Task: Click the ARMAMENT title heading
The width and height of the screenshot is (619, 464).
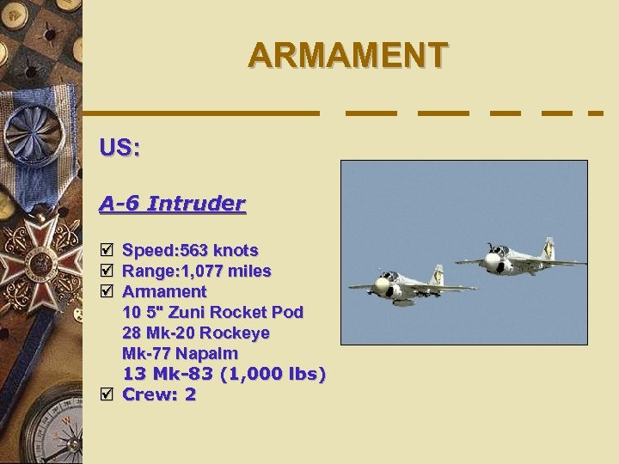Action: tap(347, 55)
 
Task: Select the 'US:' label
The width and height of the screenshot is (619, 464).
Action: tap(120, 148)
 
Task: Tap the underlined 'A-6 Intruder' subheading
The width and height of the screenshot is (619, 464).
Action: tap(172, 204)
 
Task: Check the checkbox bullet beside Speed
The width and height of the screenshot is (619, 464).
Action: tap(106, 250)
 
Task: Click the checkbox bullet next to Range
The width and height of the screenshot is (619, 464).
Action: tap(106, 272)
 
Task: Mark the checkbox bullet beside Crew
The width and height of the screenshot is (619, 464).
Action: tap(106, 394)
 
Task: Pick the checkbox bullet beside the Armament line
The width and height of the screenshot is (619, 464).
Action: tap(106, 292)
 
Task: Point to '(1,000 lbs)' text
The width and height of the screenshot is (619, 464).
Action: tap(273, 374)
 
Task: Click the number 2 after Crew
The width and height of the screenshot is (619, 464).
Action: tap(190, 394)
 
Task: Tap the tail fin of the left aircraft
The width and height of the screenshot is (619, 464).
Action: tap(438, 275)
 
